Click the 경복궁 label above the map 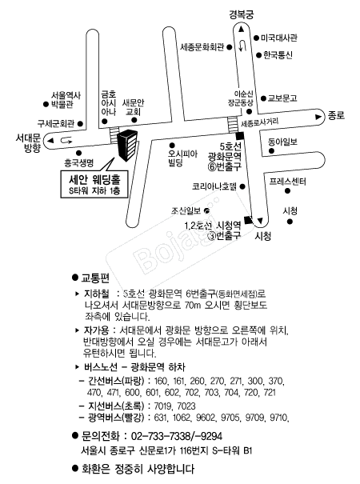pyautogui.click(x=242, y=15)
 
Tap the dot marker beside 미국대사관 pyautogui.click(x=256, y=38)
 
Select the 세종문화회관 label pyautogui.click(x=202, y=47)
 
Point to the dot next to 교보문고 pyautogui.click(x=263, y=98)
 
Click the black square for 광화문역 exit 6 pyautogui.click(x=239, y=136)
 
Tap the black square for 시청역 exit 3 pyautogui.click(x=248, y=220)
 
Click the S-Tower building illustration pyautogui.click(x=127, y=146)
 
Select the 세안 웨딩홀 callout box pyautogui.click(x=94, y=184)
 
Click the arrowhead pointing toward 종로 pyautogui.click(x=318, y=117)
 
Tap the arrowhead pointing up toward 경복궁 pyautogui.click(x=241, y=30)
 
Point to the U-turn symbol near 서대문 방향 pyautogui.click(x=66, y=141)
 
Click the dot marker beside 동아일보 pyautogui.click(x=271, y=151)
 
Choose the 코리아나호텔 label pyautogui.click(x=214, y=186)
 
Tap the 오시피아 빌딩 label pyautogui.click(x=182, y=158)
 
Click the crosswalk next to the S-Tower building pyautogui.click(x=114, y=135)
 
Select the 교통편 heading pyautogui.click(x=95, y=278)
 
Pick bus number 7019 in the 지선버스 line pyautogui.click(x=162, y=406)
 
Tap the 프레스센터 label pyautogui.click(x=287, y=181)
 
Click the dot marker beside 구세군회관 pyautogui.click(x=80, y=124)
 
